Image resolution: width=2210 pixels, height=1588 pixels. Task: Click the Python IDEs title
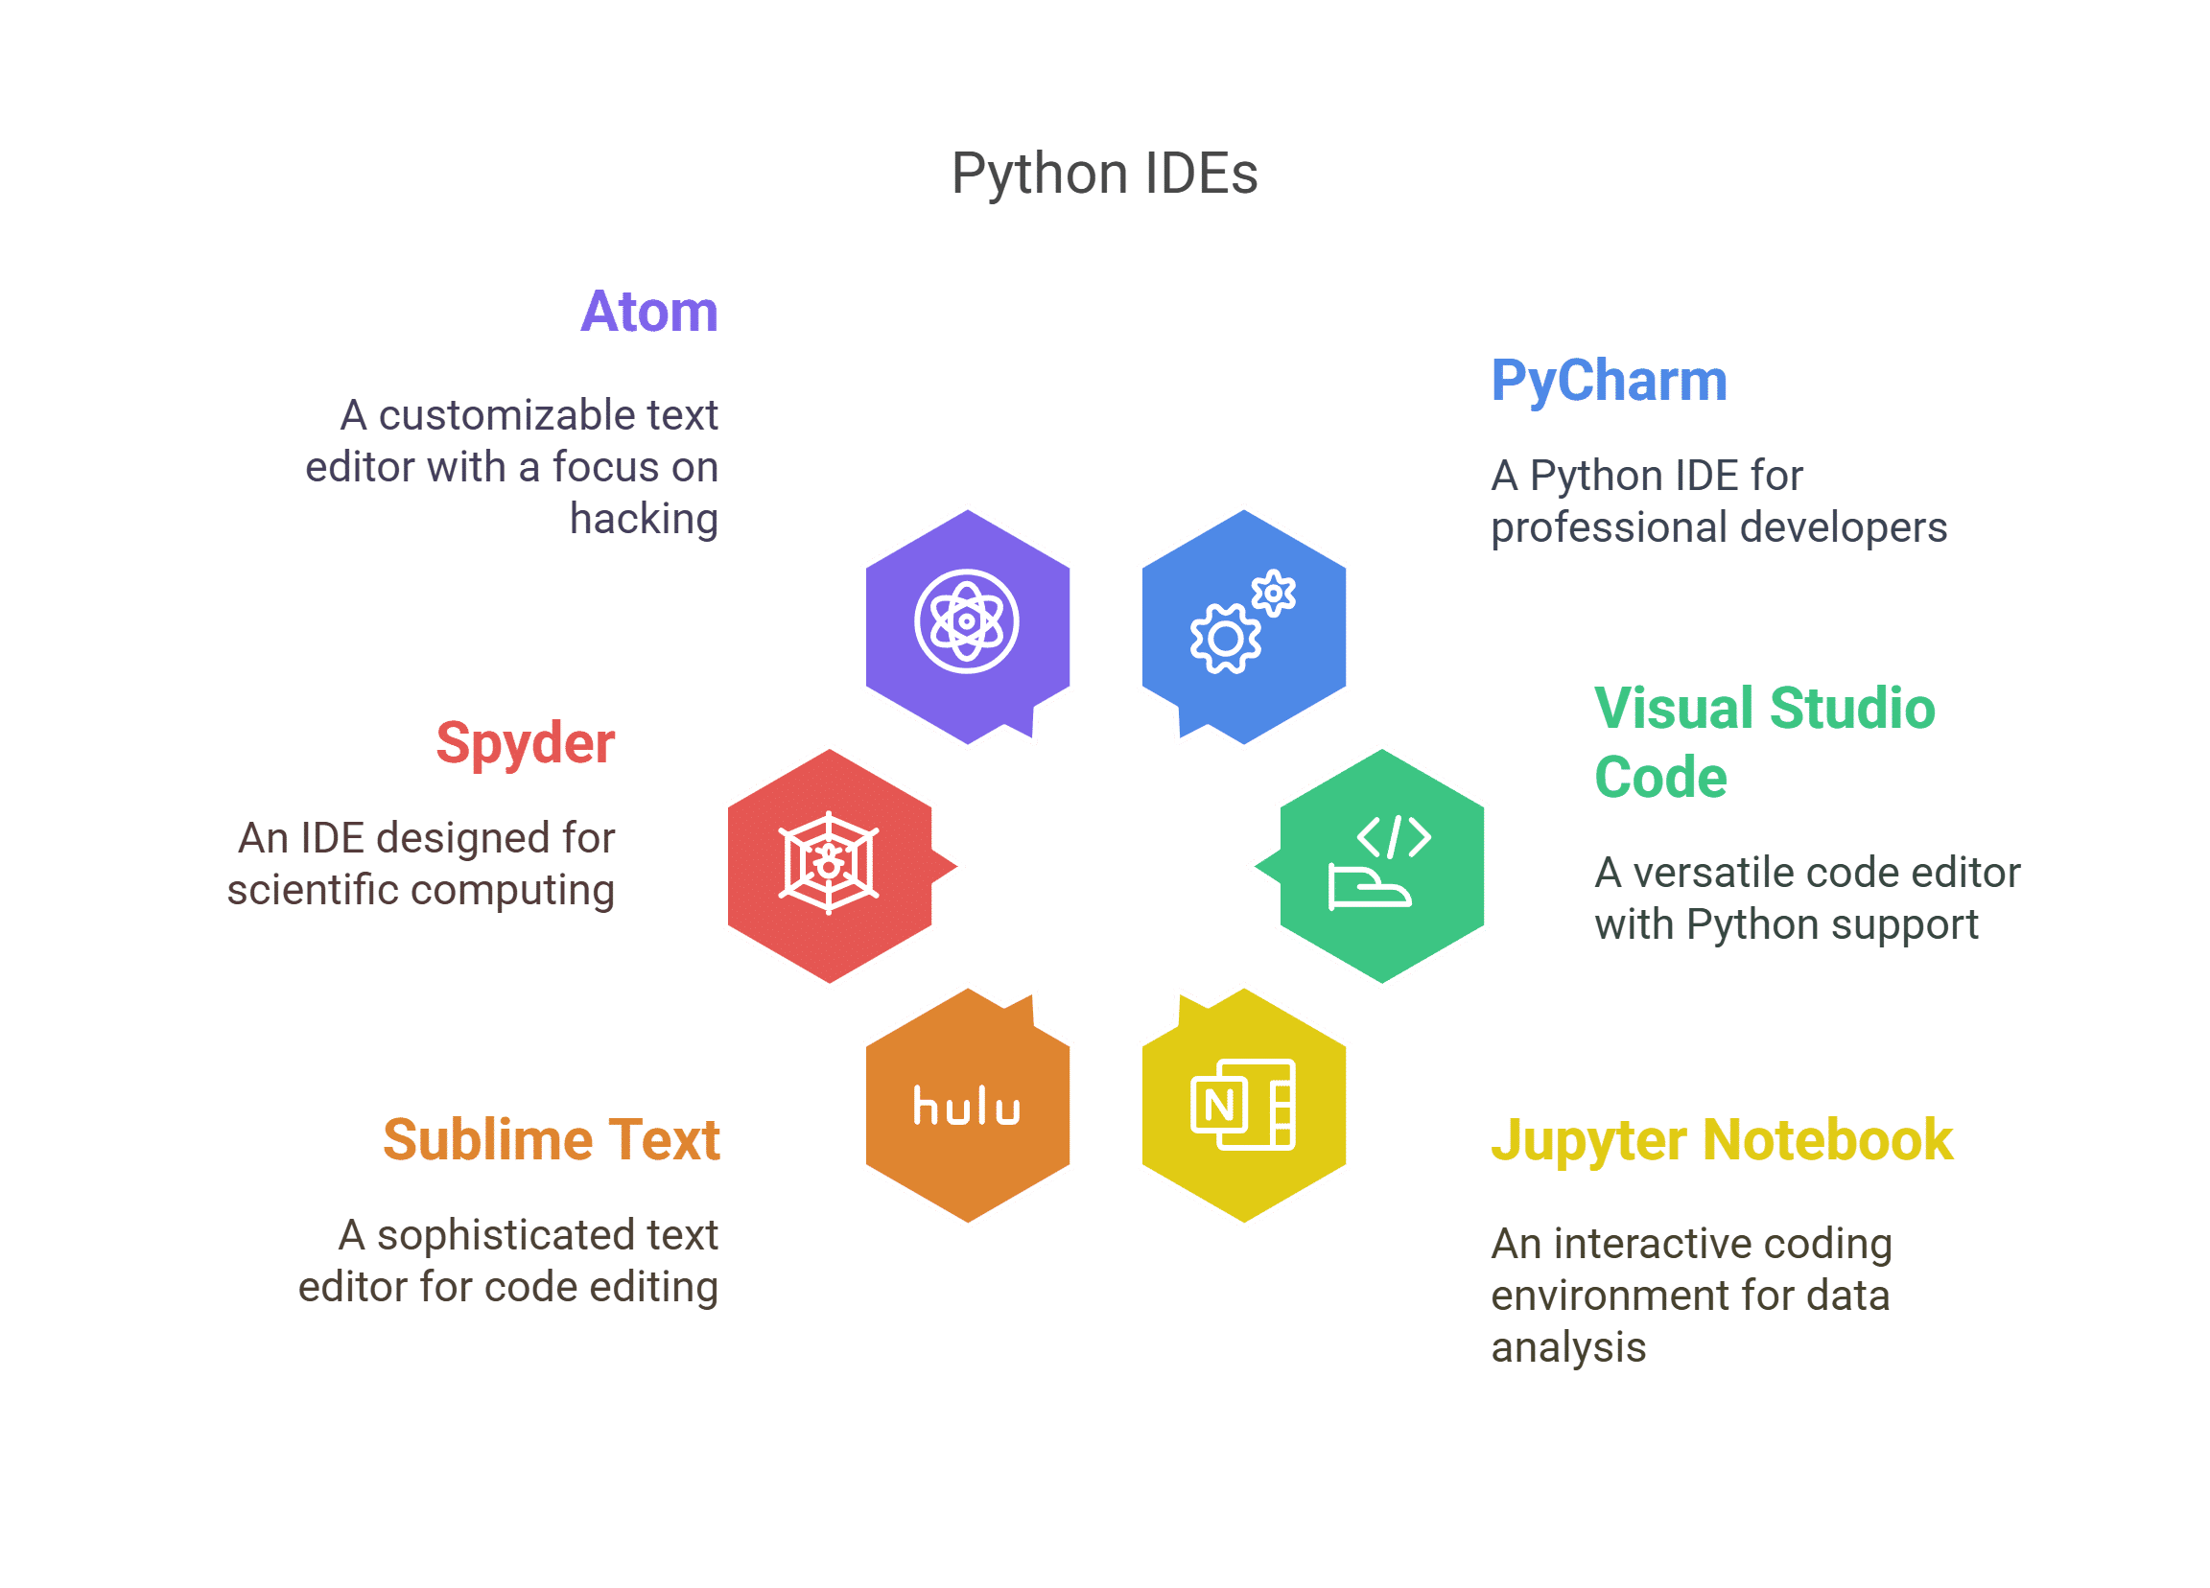[x=1104, y=175]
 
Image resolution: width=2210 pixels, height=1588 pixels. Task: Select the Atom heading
[x=649, y=312]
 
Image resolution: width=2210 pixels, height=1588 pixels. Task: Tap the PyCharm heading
[x=1609, y=382]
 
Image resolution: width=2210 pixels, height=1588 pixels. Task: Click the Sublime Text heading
[x=552, y=1140]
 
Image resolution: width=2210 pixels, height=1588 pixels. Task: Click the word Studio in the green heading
[x=1851, y=709]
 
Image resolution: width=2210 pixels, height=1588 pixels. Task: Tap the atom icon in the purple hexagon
[x=967, y=621]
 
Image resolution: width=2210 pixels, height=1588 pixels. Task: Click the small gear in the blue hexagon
[x=1274, y=594]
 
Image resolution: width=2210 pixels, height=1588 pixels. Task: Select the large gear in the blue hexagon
[x=1226, y=639]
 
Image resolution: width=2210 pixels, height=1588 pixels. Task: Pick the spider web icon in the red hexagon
[x=830, y=862]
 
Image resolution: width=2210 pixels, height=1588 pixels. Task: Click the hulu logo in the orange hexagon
[x=967, y=1107]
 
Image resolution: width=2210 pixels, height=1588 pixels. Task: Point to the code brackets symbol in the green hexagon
[x=1395, y=837]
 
